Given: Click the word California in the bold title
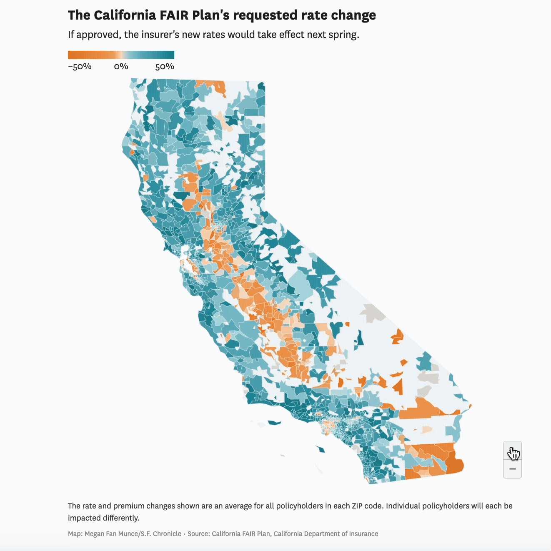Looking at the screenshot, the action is [125, 15].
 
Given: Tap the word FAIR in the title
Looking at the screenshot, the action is [174, 15].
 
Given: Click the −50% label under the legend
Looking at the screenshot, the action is [80, 67].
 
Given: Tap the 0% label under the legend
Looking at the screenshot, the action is [121, 67].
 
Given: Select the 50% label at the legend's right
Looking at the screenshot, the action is [165, 67].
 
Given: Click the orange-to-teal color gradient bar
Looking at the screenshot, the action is [121, 55].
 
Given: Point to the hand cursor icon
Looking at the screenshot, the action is [513, 454].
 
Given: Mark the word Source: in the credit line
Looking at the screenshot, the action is [199, 534].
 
